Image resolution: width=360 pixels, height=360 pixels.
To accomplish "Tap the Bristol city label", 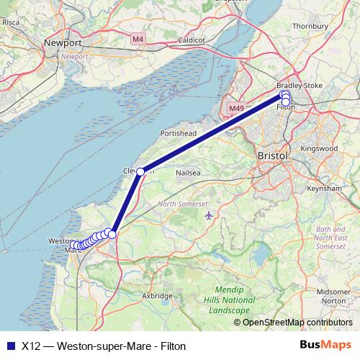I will pos(272,156).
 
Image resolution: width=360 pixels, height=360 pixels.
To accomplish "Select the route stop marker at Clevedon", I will pos(141,171).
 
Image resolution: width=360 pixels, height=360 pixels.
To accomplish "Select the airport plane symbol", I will pos(209,215).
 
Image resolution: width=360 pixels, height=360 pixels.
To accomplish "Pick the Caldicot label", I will pos(193,40).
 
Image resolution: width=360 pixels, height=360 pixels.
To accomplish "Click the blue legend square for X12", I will pos(10,346).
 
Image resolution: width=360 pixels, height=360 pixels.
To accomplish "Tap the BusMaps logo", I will pos(325,345).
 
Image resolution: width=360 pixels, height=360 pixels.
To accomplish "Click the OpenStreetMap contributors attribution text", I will pos(297,322).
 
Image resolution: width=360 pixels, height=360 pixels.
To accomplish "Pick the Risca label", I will pos(12,22).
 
